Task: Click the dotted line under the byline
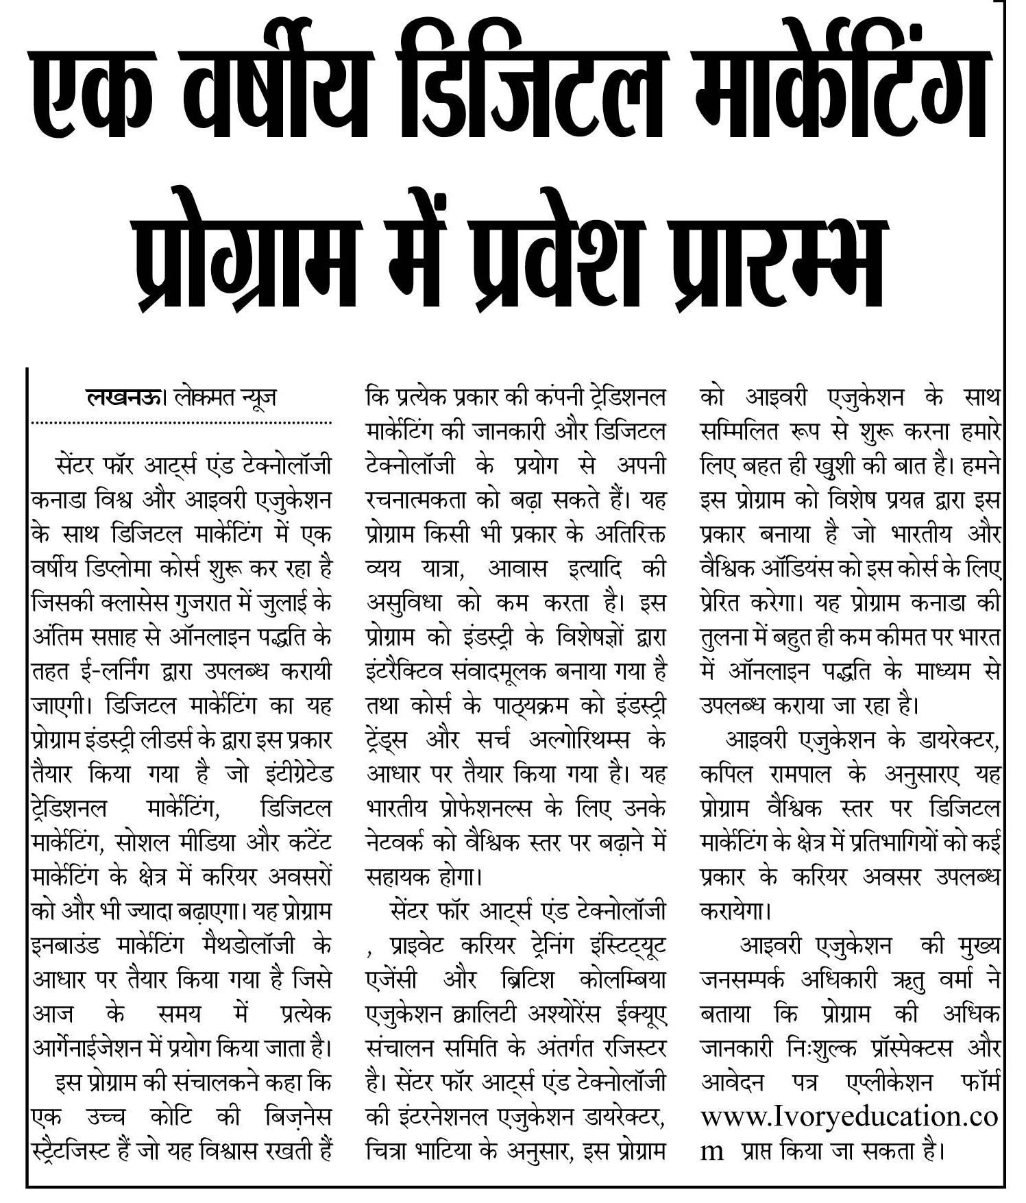pyautogui.click(x=182, y=422)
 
